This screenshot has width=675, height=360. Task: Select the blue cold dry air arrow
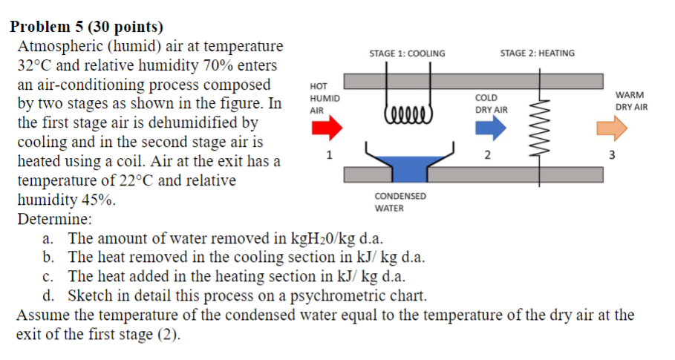click(489, 128)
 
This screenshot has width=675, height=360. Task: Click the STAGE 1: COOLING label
click(407, 53)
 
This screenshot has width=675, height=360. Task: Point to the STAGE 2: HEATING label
click(537, 53)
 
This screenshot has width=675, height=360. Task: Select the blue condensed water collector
click(406, 168)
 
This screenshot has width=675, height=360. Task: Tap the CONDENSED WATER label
click(400, 202)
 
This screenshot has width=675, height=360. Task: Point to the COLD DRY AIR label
click(491, 104)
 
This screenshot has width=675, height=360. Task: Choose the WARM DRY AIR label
click(630, 101)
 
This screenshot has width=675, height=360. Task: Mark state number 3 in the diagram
click(612, 155)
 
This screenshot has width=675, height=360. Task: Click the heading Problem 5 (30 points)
click(86, 27)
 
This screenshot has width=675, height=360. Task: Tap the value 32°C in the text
click(35, 65)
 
